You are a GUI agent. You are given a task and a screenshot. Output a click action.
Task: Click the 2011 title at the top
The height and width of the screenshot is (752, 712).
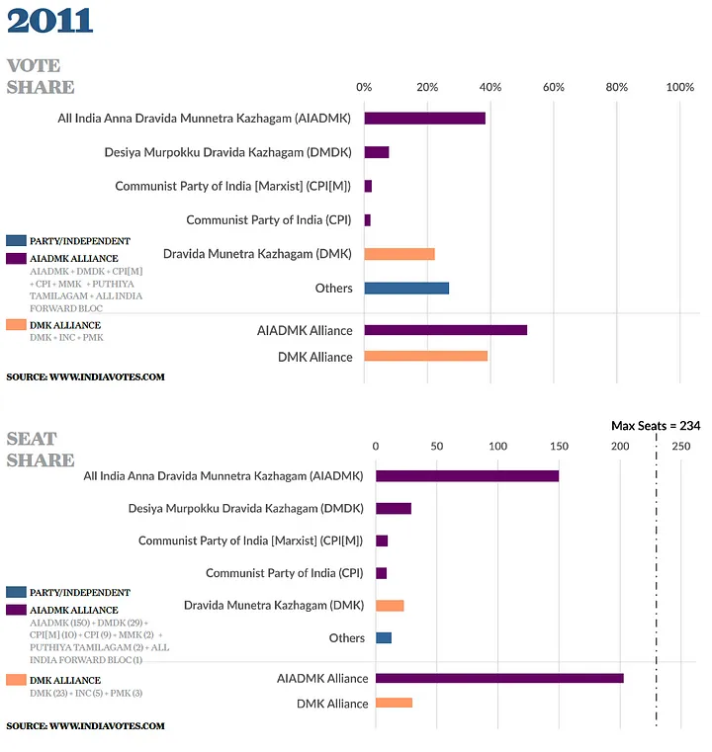point(49,20)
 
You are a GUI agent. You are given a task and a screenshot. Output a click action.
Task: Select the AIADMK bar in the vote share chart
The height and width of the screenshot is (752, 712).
point(424,119)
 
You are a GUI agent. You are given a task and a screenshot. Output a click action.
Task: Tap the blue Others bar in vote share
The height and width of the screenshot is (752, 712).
point(406,288)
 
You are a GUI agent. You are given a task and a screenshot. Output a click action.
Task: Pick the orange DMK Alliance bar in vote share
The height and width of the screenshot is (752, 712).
point(426,356)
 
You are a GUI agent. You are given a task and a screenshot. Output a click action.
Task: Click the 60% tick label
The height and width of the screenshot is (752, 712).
point(553,87)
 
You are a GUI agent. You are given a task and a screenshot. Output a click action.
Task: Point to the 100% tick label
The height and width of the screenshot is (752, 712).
point(679,87)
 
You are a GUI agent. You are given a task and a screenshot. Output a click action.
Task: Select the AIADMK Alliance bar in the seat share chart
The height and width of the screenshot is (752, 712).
point(499,679)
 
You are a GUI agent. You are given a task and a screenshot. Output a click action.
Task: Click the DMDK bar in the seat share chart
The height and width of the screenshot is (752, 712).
point(393,508)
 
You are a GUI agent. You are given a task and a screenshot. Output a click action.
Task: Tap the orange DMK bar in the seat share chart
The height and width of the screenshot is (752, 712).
point(390,605)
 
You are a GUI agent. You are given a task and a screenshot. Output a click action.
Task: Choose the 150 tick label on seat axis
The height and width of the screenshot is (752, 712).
point(559,447)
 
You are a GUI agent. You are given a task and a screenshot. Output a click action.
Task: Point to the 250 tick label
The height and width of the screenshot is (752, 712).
point(680,447)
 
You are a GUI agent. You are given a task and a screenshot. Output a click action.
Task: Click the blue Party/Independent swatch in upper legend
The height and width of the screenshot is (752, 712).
point(16,240)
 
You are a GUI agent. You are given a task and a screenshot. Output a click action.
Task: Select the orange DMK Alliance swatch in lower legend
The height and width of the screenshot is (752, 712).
point(16,680)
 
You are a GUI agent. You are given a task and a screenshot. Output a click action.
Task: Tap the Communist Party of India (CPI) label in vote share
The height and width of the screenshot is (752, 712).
point(269,220)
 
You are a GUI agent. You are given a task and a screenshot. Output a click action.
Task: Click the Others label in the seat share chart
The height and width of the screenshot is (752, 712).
point(346,638)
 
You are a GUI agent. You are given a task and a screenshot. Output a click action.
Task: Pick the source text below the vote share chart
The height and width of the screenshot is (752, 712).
point(85,376)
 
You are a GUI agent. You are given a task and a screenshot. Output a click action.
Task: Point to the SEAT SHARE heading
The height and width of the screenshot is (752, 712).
point(41,450)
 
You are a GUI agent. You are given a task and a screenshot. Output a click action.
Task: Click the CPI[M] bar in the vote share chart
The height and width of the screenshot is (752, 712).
point(368,186)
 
